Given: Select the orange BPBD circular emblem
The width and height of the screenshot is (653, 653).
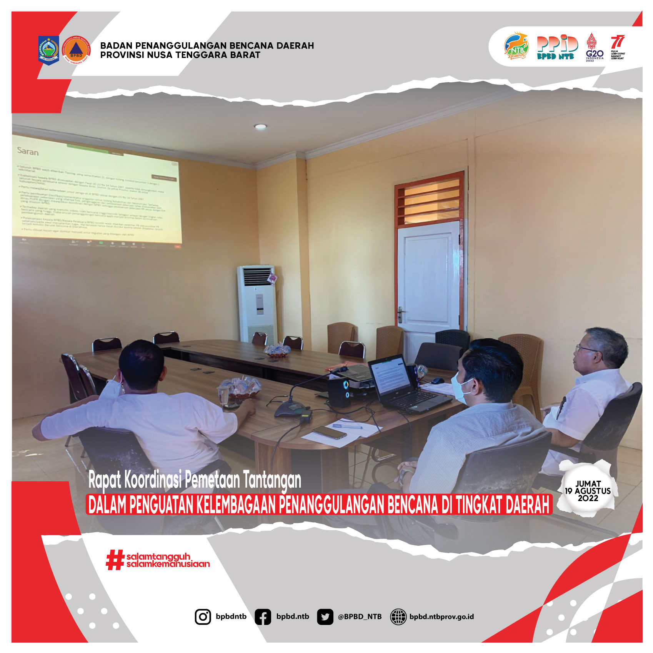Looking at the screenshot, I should point(77,50).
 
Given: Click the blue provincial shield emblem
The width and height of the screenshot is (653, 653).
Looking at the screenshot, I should point(48,50).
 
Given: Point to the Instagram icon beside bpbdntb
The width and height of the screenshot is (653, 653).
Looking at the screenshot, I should point(203,616).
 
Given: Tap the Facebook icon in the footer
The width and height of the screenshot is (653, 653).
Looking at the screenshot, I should point(263,616).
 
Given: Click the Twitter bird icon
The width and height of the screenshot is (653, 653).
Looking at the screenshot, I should point(325,616).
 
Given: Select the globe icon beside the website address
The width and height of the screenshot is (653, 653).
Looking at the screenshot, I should point(398,616).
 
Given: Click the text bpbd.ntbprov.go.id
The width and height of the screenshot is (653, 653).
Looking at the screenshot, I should point(441,616).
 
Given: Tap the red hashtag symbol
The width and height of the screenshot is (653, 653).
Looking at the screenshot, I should point(115,560).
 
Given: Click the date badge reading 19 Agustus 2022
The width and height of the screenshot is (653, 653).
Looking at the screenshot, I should point(587,491).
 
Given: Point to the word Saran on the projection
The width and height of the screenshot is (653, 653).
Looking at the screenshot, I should point(28,151).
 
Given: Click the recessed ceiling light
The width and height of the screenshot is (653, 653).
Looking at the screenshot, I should point(260,126).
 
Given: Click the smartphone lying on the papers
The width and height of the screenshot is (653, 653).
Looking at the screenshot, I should point(329,432).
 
